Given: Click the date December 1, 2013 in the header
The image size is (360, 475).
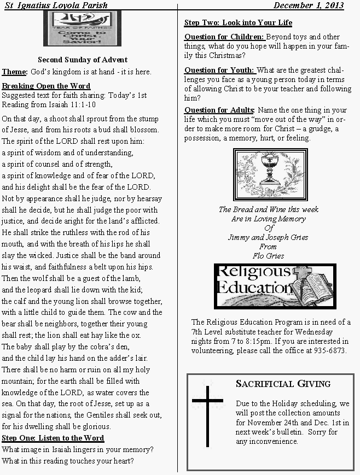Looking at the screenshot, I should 309,5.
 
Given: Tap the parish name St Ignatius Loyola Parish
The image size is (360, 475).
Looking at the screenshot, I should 55,5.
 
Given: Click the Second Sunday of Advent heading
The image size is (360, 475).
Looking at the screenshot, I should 83,60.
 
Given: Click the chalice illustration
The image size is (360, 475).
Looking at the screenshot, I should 270,173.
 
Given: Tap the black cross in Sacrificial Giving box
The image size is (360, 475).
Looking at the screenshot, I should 207,414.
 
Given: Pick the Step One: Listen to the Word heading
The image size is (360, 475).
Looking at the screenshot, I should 53,438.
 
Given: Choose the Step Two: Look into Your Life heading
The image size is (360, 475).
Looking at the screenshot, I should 238,23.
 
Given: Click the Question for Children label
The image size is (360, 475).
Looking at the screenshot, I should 224,37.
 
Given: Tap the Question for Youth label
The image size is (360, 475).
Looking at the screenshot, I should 219,70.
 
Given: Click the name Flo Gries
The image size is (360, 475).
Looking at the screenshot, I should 268,255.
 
